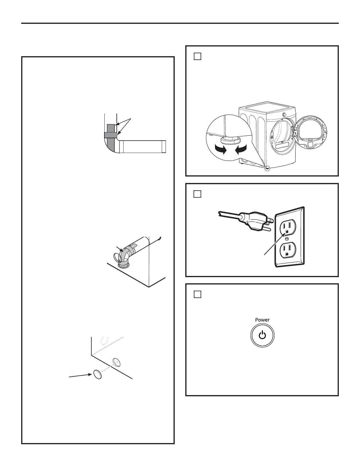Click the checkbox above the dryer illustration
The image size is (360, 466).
pos(197,56)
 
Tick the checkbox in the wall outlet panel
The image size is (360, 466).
pos(197,194)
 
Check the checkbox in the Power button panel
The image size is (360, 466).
pos(197,294)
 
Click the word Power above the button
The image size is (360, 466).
pos(262,320)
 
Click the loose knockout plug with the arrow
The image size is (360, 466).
pos(97,375)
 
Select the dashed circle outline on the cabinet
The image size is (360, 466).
pos(103,340)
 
